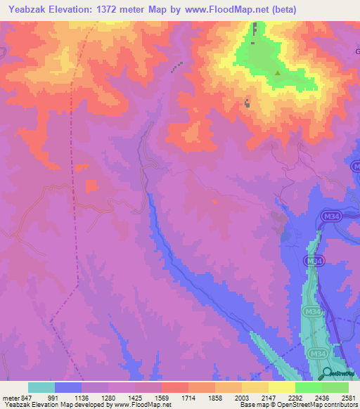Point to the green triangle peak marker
point(278,72)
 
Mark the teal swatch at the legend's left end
point(41,387)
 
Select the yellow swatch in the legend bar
point(281,387)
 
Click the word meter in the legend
point(11,397)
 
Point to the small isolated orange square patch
point(91,186)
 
